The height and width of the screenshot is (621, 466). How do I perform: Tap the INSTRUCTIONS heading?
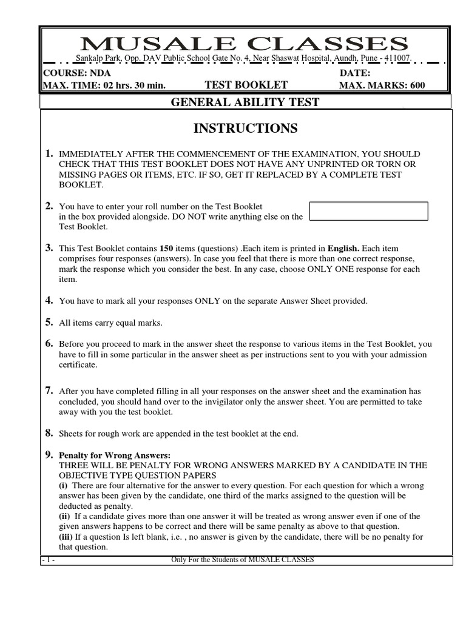pyautogui.click(x=245, y=128)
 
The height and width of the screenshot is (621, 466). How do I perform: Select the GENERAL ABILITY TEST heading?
pyautogui.click(x=245, y=102)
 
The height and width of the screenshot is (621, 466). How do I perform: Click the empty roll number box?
pyautogui.click(x=368, y=211)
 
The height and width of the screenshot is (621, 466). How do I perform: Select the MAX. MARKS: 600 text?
pyautogui.click(x=382, y=85)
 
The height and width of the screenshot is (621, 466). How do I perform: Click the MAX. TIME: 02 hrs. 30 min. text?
pyautogui.click(x=104, y=85)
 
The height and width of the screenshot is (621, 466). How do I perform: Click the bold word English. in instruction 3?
pyautogui.click(x=343, y=249)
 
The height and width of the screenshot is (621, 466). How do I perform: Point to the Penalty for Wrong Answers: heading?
pyautogui.click(x=115, y=455)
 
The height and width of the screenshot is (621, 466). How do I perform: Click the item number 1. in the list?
pyautogui.click(x=49, y=154)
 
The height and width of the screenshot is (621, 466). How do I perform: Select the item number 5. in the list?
pyautogui.click(x=49, y=322)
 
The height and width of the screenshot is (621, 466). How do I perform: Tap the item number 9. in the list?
pyautogui.click(x=49, y=454)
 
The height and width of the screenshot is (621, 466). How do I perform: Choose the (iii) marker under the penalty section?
pyautogui.click(x=66, y=537)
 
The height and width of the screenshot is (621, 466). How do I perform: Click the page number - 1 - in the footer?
pyautogui.click(x=49, y=560)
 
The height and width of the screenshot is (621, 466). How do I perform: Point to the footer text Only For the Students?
pyautogui.click(x=243, y=560)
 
